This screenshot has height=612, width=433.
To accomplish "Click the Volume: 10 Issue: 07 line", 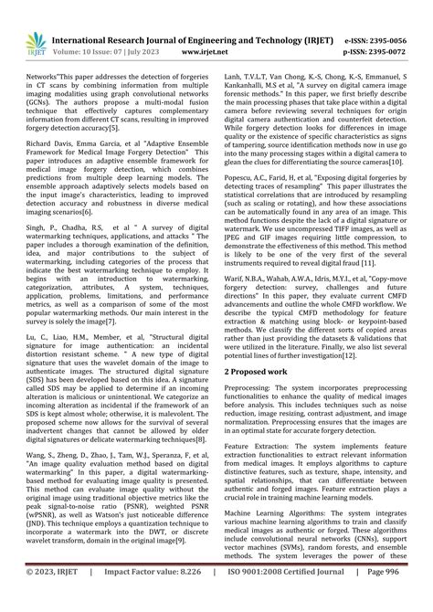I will [x=108, y=28].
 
